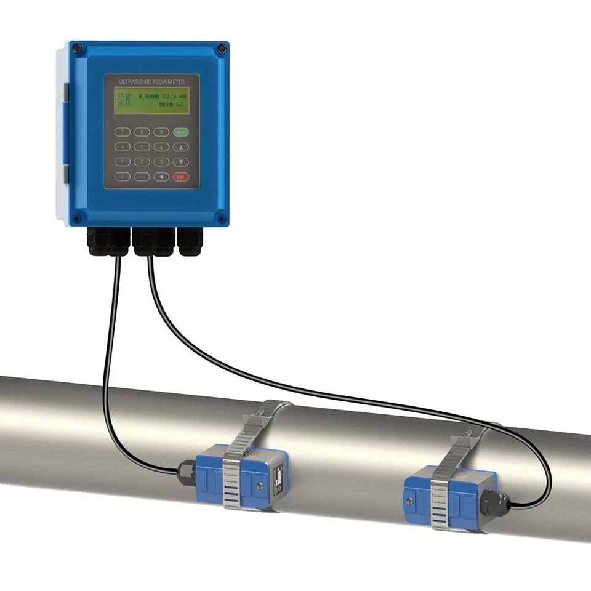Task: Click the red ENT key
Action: (180, 177)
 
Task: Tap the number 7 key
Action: (124, 132)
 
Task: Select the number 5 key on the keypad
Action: (142, 147)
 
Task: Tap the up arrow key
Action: (180, 147)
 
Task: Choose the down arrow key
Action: (180, 162)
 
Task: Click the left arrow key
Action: (161, 177)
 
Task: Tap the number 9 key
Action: (161, 132)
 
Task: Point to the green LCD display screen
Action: (151, 100)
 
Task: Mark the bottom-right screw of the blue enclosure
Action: (221, 217)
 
